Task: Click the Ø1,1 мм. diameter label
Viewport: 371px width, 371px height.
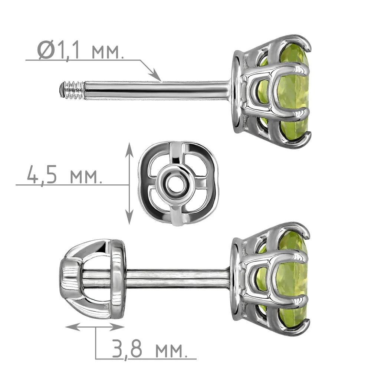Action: point(81,50)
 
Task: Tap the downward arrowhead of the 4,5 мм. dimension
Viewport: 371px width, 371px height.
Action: point(129,217)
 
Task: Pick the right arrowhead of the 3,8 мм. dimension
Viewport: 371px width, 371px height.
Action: point(117,327)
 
